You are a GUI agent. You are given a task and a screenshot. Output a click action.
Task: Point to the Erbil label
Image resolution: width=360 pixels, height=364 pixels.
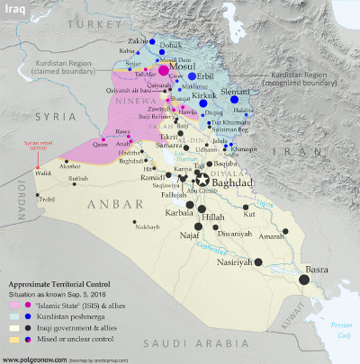point(206,76)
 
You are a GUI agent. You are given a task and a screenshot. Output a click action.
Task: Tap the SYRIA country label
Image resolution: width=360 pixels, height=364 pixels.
point(40,118)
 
